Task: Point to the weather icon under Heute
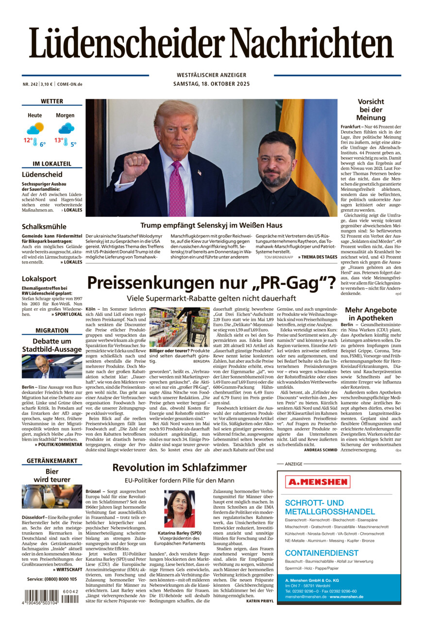click(35, 129)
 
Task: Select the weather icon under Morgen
click(66, 129)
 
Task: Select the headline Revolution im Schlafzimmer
click(180, 467)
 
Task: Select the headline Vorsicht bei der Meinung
click(371, 110)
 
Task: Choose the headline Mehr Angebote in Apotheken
click(371, 314)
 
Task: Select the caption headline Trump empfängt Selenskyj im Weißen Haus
click(211, 225)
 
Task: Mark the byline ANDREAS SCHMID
click(321, 450)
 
